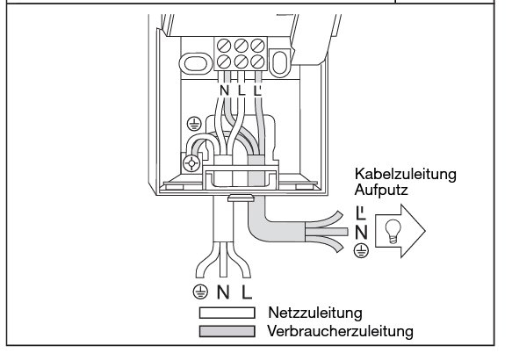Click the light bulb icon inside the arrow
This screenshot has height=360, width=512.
[393, 232]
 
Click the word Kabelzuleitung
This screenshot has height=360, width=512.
[405, 174]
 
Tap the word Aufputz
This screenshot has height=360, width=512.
[381, 190]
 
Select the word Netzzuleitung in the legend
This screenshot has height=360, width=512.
[315, 313]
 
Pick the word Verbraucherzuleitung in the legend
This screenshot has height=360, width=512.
[340, 331]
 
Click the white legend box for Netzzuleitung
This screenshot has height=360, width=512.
[227, 313]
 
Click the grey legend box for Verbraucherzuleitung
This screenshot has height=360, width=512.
[227, 331]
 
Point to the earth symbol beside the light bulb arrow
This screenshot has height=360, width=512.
[361, 250]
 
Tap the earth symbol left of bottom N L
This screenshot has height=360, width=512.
[200, 292]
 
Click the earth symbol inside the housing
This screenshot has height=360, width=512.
[194, 124]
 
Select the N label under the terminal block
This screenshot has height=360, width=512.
[224, 90]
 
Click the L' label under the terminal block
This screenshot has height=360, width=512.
[257, 90]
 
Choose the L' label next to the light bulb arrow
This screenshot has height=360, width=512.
[360, 212]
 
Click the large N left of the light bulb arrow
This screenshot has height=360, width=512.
[361, 233]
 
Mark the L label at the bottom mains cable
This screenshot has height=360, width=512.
[247, 292]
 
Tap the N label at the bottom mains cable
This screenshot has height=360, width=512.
[223, 292]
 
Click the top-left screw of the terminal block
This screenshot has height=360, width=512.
[224, 46]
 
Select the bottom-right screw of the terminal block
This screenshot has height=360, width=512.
[257, 61]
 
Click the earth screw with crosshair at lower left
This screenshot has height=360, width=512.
[191, 162]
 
